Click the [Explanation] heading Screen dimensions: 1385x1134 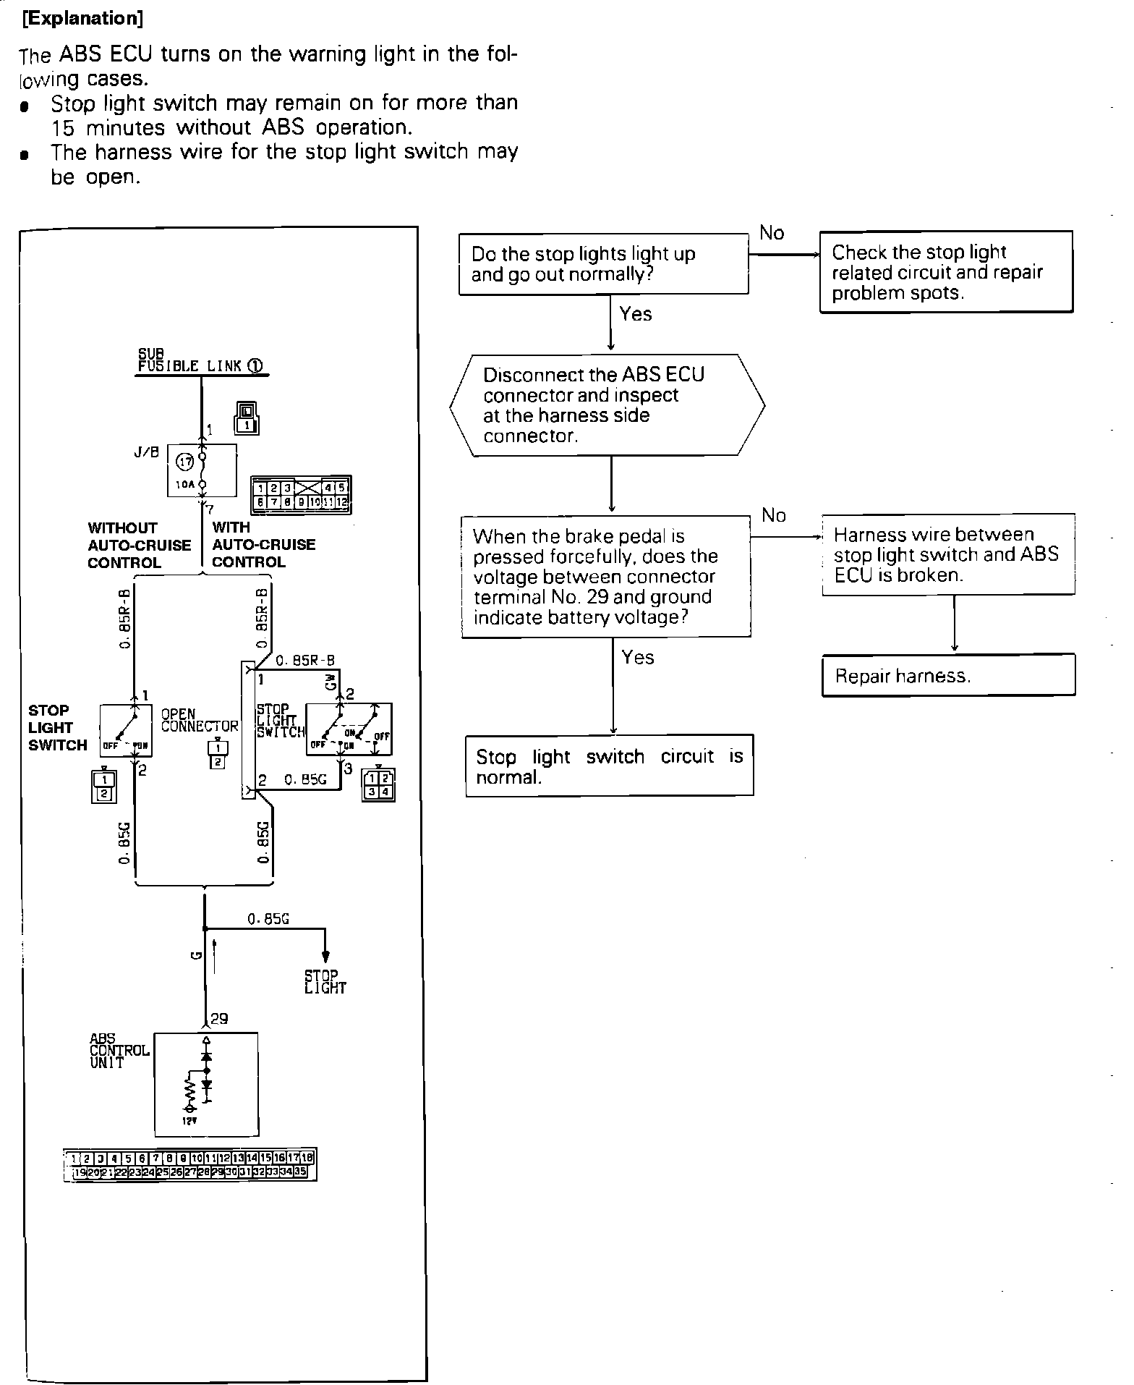pyautogui.click(x=82, y=19)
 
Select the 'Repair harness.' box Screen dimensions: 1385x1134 pyautogui.click(x=947, y=675)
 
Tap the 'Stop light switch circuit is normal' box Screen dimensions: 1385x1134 pyautogui.click(x=609, y=766)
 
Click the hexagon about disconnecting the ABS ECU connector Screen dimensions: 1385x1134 pyautogui.click(x=607, y=405)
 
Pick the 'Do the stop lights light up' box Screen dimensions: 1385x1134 pyautogui.click(x=603, y=264)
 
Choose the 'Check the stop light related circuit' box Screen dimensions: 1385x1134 pyautogui.click(x=945, y=272)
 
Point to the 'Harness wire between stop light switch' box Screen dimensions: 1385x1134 pyautogui.click(x=947, y=554)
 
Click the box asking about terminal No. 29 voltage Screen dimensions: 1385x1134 pyautogui.click(x=605, y=577)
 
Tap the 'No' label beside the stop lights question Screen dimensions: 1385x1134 pyautogui.click(x=772, y=233)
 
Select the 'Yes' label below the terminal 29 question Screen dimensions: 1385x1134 pyautogui.click(x=637, y=657)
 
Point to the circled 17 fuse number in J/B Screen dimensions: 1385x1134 pyautogui.click(x=185, y=461)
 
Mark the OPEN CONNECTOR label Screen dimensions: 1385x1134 pyautogui.click(x=199, y=720)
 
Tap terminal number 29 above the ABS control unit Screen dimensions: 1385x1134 pyautogui.click(x=218, y=1019)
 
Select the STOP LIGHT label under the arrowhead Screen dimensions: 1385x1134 pyautogui.click(x=325, y=982)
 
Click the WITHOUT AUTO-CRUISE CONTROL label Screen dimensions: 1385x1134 pyautogui.click(x=139, y=545)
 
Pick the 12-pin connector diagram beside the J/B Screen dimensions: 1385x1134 pyautogui.click(x=301, y=494)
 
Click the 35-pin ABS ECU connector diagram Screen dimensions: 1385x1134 pyautogui.click(x=190, y=1164)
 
